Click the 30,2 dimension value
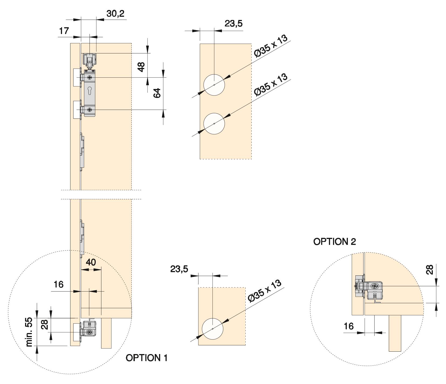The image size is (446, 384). point(115,13)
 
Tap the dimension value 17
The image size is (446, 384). point(64,31)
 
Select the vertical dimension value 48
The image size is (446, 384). point(141,67)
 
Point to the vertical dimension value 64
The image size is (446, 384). point(157,93)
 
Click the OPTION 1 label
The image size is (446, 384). point(147,358)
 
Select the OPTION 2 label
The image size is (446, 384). point(334,242)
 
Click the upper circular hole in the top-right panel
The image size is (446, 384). point(214,85)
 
